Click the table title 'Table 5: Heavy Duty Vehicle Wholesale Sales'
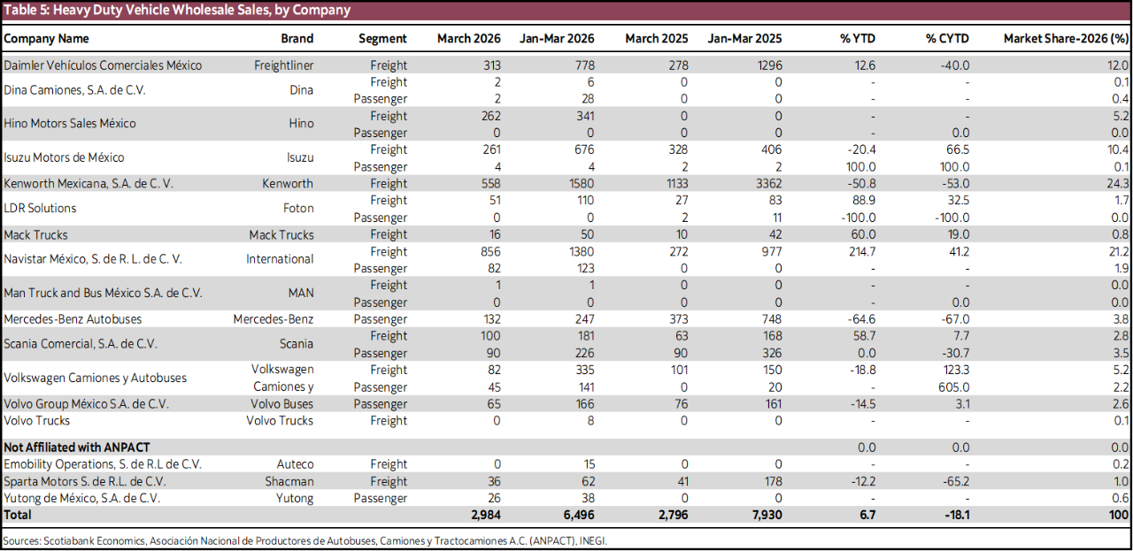coord(177,11)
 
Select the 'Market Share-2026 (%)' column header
coord(1066,39)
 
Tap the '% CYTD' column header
coord(947,39)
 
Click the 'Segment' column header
coord(382,39)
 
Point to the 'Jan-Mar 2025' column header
coord(744,39)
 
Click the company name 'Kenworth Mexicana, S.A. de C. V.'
coord(89,184)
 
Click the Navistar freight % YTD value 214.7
coord(861,252)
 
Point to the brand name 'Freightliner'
coord(283,65)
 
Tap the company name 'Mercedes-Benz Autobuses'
coord(73,319)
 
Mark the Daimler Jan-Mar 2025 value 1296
coord(767,65)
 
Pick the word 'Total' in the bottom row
coord(18,515)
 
